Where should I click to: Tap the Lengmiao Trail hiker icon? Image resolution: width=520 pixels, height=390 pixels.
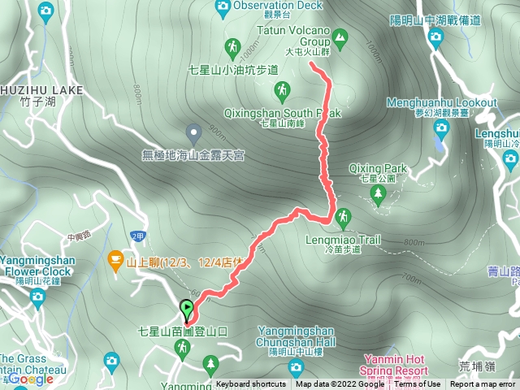(342, 216)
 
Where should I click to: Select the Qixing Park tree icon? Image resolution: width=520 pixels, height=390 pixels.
(377, 193)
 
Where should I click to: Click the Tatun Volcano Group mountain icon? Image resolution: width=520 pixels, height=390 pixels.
(340, 37)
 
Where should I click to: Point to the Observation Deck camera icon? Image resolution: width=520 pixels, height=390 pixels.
(223, 7)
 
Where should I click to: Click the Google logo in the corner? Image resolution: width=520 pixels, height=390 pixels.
(31, 379)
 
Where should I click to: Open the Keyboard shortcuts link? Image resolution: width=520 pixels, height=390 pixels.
(250, 384)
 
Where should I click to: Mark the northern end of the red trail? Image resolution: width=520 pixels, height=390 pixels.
(313, 69)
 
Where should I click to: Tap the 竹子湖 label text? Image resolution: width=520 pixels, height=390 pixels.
(33, 101)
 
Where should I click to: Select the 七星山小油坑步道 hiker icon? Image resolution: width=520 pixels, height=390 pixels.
(232, 46)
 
